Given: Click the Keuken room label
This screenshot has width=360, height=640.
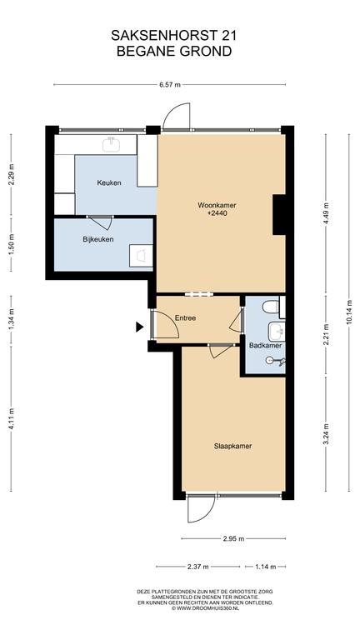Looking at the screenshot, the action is pos(109,182).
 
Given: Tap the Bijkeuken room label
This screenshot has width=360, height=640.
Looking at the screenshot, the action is pos(98,239).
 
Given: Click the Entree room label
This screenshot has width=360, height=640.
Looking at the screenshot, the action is pos(185,317).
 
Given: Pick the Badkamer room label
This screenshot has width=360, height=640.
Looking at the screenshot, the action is pos(266,345).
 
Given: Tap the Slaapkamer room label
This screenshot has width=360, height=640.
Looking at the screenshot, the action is pos(232,446).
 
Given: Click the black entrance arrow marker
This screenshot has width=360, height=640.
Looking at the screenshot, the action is pos(140,326).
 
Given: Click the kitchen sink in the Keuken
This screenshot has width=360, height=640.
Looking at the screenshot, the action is pos(111,144).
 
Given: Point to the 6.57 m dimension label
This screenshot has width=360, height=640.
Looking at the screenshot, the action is pos(169,85).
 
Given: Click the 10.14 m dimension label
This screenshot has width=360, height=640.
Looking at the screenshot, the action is pos(348,312).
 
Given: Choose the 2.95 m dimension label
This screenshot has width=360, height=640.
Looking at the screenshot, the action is pos(233,538).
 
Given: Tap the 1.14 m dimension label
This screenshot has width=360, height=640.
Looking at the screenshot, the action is pos(265,567).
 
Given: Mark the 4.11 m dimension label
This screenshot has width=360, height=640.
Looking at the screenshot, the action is pos(11,418).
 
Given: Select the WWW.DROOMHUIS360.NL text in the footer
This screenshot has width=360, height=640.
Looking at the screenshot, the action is pos(208,607).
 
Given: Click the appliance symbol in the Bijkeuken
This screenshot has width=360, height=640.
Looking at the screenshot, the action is pos(141,256).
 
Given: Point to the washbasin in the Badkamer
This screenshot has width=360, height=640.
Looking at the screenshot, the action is pos(277,332).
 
